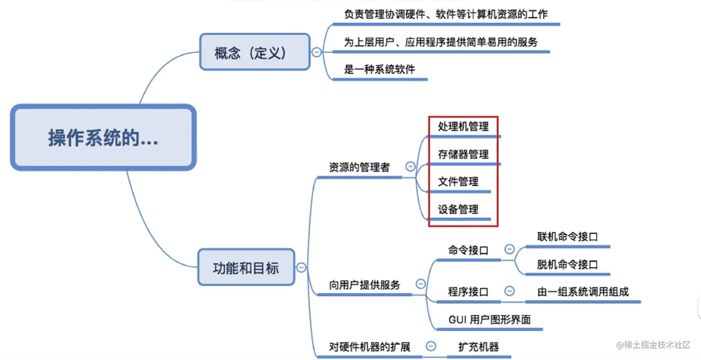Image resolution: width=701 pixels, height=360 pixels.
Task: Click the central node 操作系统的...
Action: (103, 138)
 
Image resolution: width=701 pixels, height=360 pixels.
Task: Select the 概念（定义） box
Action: (255, 52)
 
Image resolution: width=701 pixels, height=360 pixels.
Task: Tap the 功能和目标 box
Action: (246, 267)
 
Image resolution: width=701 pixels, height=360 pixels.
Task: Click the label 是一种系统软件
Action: (379, 70)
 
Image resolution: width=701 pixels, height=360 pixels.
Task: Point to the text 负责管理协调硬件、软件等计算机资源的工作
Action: (446, 14)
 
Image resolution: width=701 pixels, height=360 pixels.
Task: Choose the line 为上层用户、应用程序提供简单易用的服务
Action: (440, 42)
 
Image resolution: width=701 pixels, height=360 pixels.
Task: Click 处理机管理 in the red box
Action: (463, 126)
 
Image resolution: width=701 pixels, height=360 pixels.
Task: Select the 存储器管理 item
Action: (463, 154)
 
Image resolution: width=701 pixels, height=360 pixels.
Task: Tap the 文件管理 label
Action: (458, 182)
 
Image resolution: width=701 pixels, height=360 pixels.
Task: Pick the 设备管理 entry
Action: (458, 209)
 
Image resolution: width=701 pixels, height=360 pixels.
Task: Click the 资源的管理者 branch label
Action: (359, 168)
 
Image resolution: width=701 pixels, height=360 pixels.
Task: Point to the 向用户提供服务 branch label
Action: (364, 285)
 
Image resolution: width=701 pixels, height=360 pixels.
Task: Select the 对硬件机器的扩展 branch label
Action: (370, 347)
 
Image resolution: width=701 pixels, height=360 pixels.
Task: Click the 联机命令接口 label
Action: (567, 237)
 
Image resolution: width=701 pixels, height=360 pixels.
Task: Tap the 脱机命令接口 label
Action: (567, 265)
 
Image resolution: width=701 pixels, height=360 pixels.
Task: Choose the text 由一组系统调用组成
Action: (583, 292)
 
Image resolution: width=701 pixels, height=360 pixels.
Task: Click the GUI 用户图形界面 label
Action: (490, 320)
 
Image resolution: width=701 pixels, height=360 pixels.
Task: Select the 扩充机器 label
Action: (478, 347)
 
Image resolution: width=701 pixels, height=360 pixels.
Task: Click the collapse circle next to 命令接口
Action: (509, 249)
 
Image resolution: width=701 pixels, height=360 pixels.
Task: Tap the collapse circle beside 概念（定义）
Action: (317, 52)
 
